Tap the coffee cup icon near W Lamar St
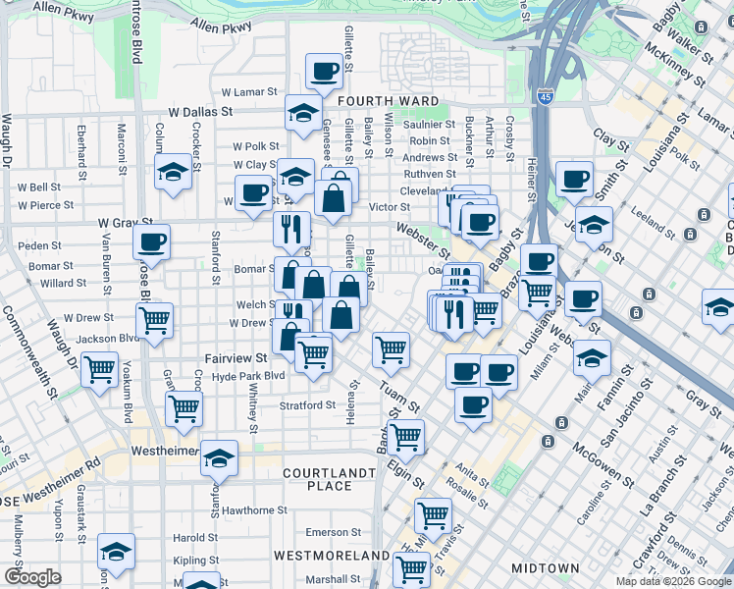click(x=325, y=70)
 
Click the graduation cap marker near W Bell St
click(x=173, y=172)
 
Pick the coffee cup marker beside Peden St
click(x=151, y=241)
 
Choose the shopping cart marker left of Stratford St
click(x=183, y=409)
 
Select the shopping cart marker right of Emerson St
click(x=433, y=514)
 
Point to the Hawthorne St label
click(x=254, y=510)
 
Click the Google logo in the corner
click(x=32, y=578)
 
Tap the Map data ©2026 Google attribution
click(x=674, y=581)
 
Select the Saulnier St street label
click(x=430, y=125)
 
